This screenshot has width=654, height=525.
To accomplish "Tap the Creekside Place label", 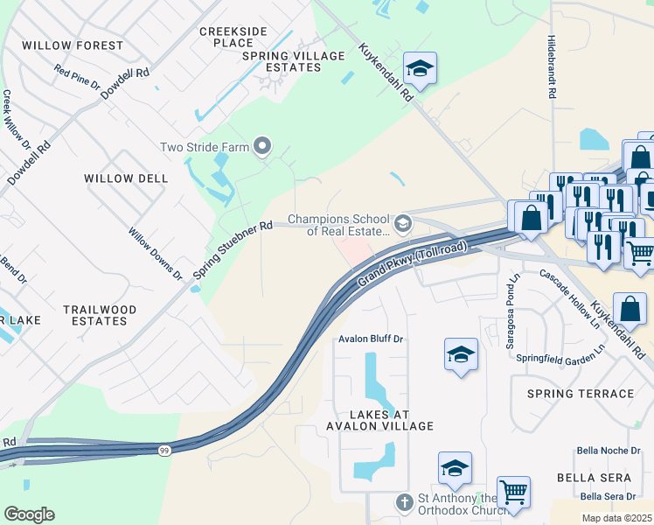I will coord(226,37).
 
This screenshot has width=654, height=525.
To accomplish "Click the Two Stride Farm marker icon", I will coord(261,146).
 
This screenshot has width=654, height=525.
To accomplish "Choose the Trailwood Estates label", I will coord(100,315).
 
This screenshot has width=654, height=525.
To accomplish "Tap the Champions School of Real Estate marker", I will coord(402,224).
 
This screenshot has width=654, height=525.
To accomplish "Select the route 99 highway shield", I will coord(164,450).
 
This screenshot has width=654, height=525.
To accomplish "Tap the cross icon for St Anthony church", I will coord(403,503).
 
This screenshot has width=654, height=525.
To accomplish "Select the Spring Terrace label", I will coord(580,394).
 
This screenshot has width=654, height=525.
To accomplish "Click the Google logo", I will coord(29,514).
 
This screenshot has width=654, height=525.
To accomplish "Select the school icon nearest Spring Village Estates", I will coord(420,69).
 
